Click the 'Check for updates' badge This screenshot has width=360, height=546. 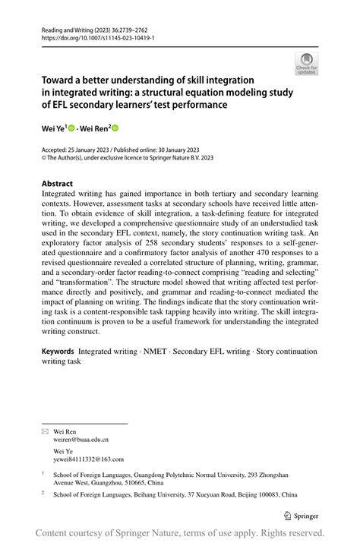pos(306,63)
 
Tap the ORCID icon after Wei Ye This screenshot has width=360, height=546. pos(73,129)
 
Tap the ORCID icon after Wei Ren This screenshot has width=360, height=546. pos(115,129)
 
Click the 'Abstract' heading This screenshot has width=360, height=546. pos(57,184)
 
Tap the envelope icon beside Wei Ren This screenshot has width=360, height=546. pos(45,431)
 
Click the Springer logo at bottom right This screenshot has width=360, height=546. pos(300,516)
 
